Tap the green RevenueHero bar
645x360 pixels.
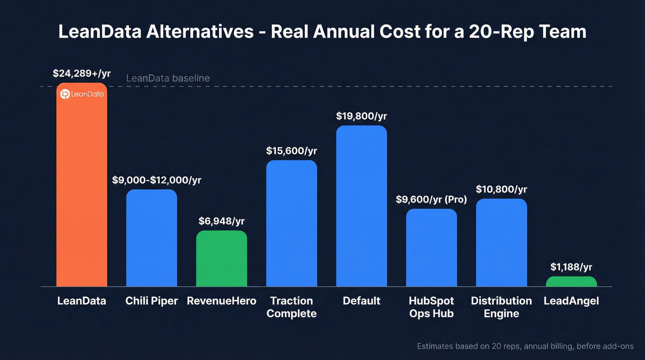[222, 259]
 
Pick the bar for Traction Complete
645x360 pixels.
[292, 224]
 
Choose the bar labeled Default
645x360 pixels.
[362, 206]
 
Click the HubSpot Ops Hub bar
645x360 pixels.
[432, 248]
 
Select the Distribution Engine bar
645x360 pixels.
[501, 243]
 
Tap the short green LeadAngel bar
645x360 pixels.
[571, 282]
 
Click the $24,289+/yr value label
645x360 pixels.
[82, 73]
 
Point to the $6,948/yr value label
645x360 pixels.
[222, 221]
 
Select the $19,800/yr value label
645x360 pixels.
[362, 116]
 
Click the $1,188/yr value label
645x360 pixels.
[571, 267]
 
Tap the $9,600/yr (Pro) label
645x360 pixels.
[432, 200]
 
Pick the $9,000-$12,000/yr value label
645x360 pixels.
[157, 180]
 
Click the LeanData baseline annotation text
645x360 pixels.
[168, 78]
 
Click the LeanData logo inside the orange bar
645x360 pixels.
[82, 94]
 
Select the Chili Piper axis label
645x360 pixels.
[152, 301]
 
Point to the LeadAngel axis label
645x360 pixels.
[571, 301]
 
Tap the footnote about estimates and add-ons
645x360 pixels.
[525, 346]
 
